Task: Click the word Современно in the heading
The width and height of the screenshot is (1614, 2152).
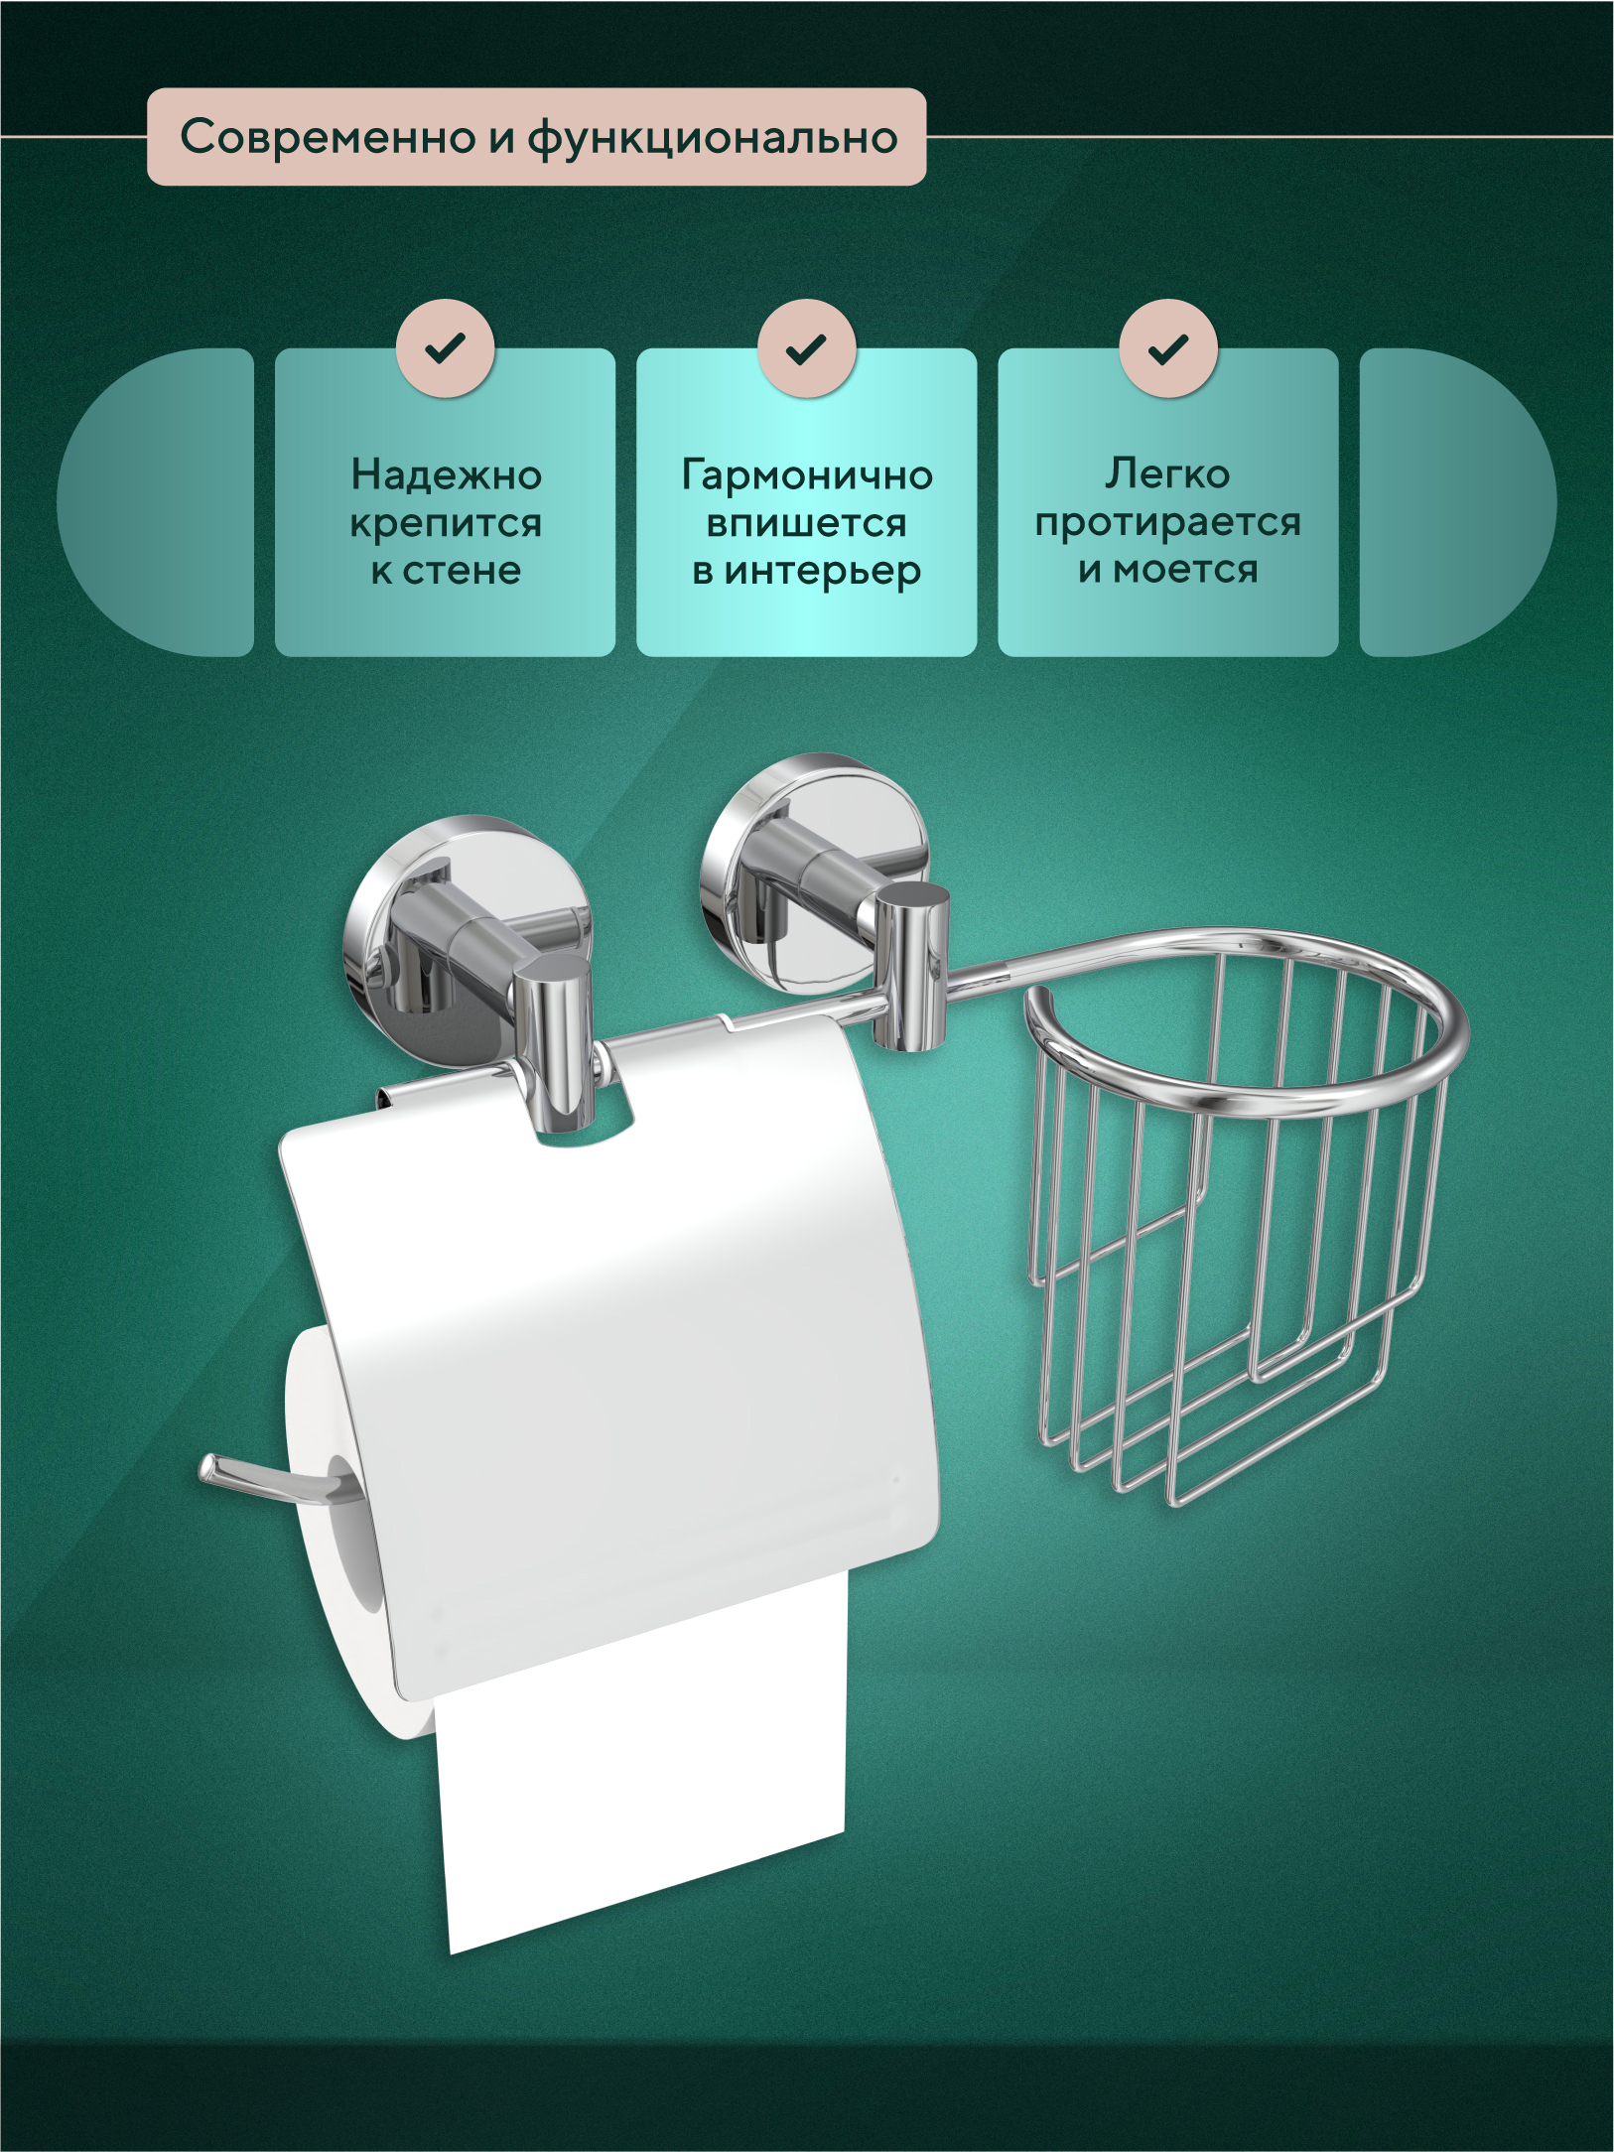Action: coord(329,137)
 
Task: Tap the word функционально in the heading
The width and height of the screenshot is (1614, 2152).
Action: coord(712,139)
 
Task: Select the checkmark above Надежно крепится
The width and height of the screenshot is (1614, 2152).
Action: coord(445,348)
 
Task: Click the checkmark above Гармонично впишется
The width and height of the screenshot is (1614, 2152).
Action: coord(806,348)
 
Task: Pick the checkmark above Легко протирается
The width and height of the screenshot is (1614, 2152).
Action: coord(1168,348)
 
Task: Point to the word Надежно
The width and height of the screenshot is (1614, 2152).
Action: coord(446,475)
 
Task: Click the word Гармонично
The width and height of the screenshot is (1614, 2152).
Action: coord(807,475)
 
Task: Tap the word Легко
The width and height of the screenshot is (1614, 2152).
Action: coord(1167,474)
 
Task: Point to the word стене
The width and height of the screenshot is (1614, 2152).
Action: coord(462,572)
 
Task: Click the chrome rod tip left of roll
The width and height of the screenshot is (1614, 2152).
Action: coord(211,1469)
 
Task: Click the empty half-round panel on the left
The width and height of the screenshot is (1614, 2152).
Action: coord(156,501)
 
